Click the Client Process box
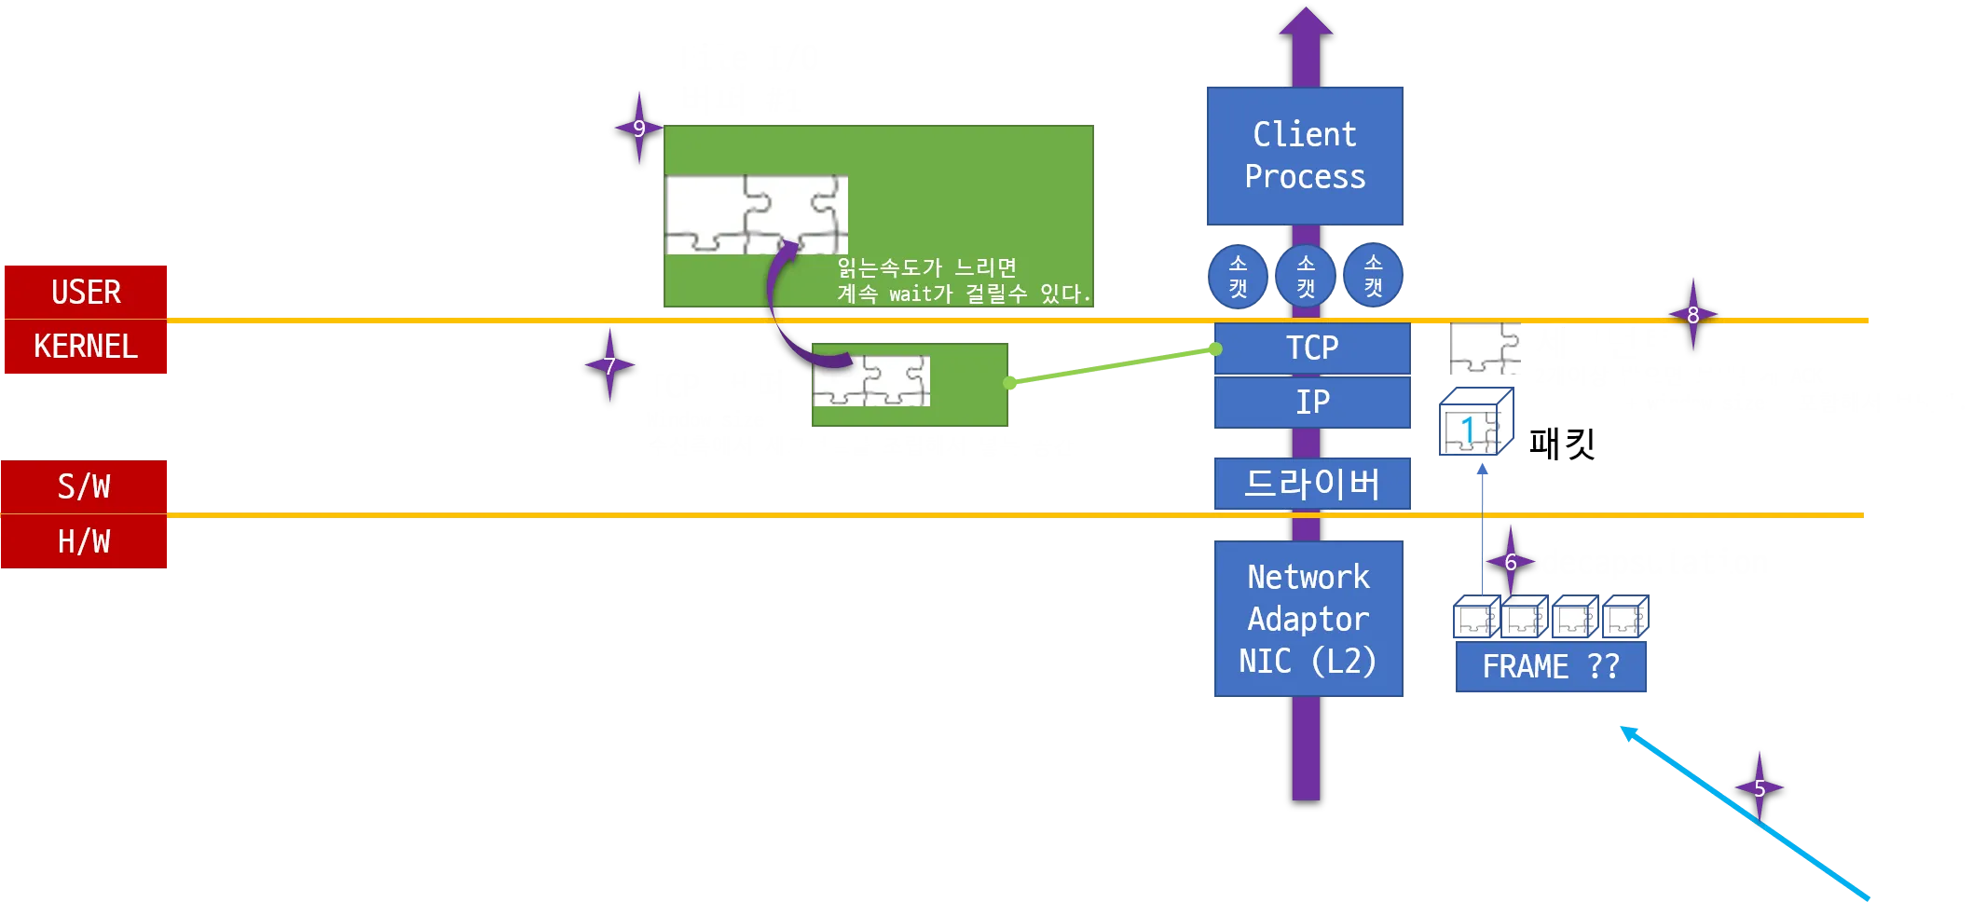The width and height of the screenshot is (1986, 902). pyautogui.click(x=1305, y=156)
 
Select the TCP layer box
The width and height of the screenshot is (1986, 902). pyautogui.click(x=1312, y=348)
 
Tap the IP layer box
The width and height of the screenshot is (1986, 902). pyautogui.click(x=1312, y=402)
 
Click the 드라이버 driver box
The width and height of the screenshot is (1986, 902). pyautogui.click(x=1312, y=484)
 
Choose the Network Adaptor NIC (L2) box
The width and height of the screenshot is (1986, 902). pyautogui.click(x=1308, y=619)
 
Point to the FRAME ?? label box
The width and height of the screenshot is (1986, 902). pyautogui.click(x=1551, y=666)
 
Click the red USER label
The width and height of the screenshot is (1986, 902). pyautogui.click(x=86, y=292)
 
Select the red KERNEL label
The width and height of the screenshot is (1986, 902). pyautogui.click(x=86, y=347)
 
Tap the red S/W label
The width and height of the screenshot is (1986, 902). pyautogui.click(x=85, y=485)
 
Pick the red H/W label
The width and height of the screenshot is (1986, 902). pyautogui.click(x=85, y=541)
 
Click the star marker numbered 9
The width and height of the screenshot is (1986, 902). pyautogui.click(x=638, y=128)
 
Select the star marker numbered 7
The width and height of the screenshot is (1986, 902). pyautogui.click(x=609, y=365)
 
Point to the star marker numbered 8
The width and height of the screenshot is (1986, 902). pyautogui.click(x=1692, y=315)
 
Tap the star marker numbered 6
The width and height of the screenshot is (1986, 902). pyautogui.click(x=1510, y=562)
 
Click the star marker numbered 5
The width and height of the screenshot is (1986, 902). pyautogui.click(x=1759, y=787)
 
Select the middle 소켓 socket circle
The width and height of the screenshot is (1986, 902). pyautogui.click(x=1306, y=276)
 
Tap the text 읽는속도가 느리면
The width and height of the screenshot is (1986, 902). pyautogui.click(x=926, y=267)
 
